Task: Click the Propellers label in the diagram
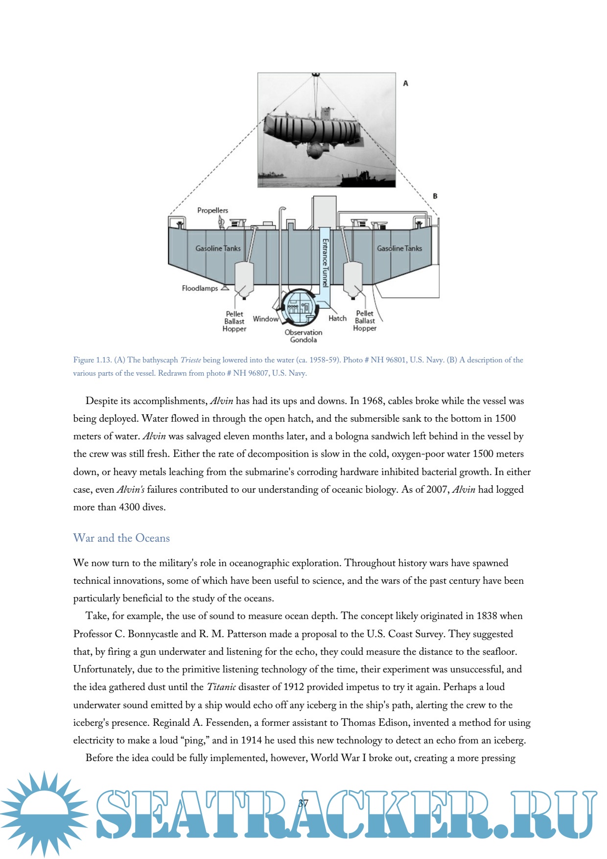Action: pos(212,210)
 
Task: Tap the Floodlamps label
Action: pos(200,288)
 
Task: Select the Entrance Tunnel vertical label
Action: pos(325,262)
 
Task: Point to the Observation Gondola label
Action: pos(303,336)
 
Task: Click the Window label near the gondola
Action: pos(265,319)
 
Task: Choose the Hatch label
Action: pos(337,318)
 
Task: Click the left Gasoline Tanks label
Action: pos(218,248)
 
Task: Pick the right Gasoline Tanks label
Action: pos(399,248)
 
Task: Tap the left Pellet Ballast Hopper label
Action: pos(234,321)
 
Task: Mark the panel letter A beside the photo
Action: pos(405,83)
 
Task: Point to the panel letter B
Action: pos(435,196)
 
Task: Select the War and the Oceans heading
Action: pos(121,538)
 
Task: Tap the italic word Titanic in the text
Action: pos(221,687)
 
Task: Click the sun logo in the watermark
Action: pos(44,813)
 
